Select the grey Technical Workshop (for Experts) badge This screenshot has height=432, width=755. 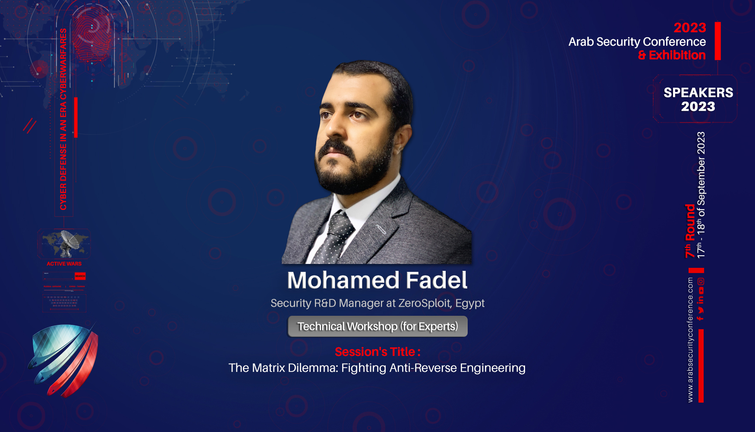[377, 326]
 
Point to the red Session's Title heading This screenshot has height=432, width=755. [377, 352]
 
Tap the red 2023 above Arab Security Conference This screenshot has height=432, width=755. [689, 28]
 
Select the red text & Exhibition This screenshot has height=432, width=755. [672, 55]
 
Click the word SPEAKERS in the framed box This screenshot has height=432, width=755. [698, 92]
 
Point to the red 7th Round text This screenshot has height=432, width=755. [690, 231]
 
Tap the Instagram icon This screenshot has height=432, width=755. [701, 282]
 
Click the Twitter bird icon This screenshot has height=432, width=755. [701, 309]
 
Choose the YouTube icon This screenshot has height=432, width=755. [701, 290]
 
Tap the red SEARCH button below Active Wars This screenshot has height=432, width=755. [80, 276]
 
